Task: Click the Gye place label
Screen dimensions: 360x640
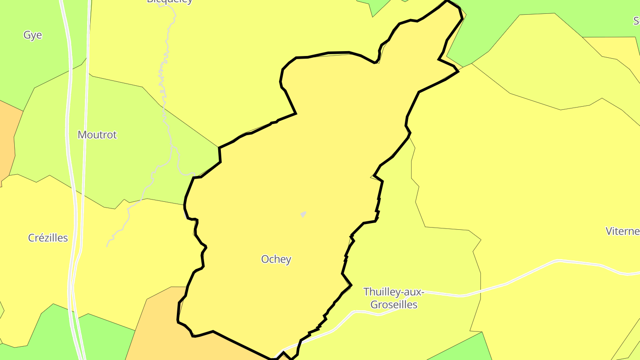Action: point(33,35)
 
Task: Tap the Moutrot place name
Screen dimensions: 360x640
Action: point(97,135)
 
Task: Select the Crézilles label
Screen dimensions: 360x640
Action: point(48,238)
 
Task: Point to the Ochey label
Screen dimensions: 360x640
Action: point(276,259)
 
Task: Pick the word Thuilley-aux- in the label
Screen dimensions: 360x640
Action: point(394,292)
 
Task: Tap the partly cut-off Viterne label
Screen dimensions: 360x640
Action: point(622,231)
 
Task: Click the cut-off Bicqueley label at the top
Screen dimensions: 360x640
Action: point(170,1)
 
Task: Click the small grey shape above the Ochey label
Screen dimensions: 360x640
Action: point(303,214)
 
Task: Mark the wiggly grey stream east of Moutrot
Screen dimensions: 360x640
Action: point(165,89)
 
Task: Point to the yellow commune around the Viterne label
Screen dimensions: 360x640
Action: point(556,200)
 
